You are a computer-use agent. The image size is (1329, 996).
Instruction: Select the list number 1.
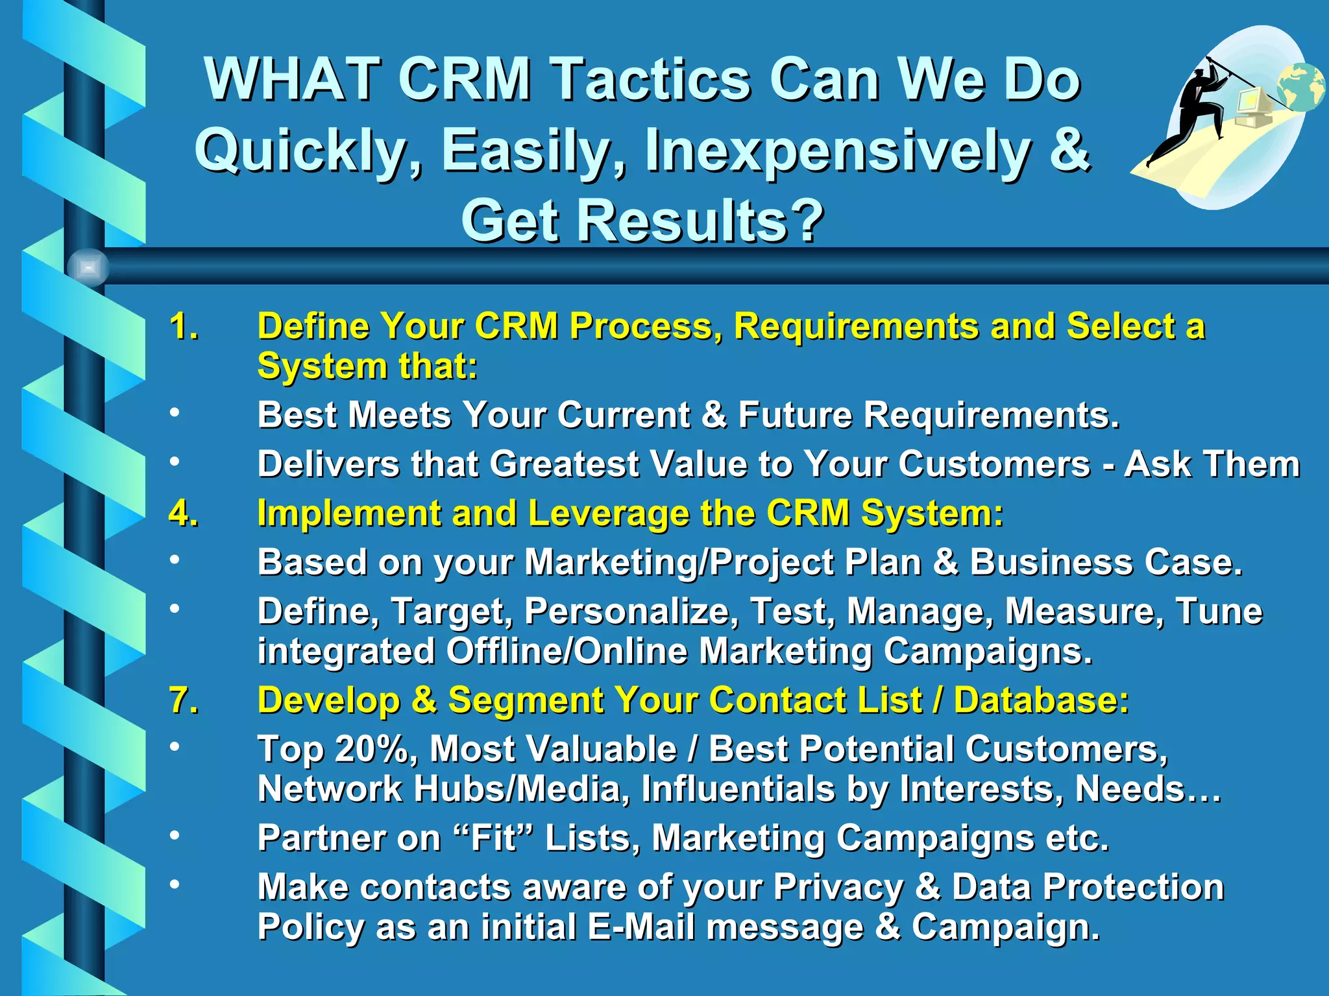click(183, 326)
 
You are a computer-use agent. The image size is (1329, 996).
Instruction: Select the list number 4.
click(183, 514)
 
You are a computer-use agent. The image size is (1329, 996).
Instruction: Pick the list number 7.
click(183, 700)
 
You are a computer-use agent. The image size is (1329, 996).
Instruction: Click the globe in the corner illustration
click(1300, 87)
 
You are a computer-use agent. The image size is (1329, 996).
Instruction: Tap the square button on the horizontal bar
click(88, 267)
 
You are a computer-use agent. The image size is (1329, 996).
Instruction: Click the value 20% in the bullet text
click(371, 749)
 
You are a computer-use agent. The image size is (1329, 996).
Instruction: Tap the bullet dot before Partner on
click(174, 835)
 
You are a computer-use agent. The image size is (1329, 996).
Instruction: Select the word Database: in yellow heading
click(1041, 700)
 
